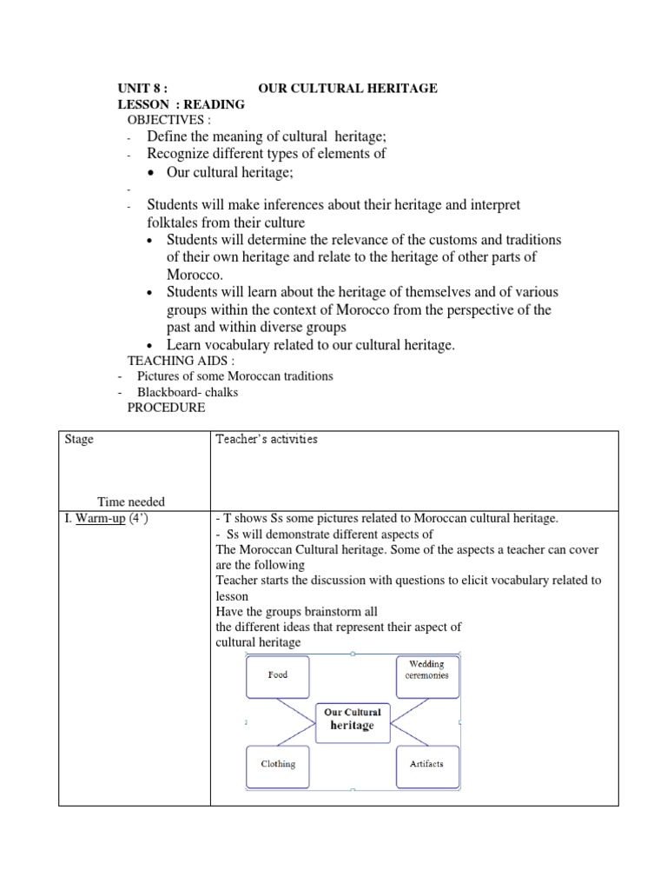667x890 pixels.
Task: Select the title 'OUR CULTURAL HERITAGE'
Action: pos(347,89)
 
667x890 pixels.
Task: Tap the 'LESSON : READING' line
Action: pos(182,104)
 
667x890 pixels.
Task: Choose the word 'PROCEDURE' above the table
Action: pos(167,407)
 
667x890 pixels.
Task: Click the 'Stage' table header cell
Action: pos(79,440)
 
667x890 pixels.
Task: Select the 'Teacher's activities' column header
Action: pos(266,440)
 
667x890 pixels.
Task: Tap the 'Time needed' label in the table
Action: pos(130,502)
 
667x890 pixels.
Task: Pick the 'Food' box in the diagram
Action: pos(278,674)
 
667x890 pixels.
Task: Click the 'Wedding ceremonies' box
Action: pos(426,670)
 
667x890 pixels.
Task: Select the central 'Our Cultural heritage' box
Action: pos(352,719)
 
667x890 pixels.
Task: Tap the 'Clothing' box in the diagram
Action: pos(278,764)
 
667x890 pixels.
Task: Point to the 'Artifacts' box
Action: pos(426,764)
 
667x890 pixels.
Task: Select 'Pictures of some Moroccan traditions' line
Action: pos(234,376)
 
